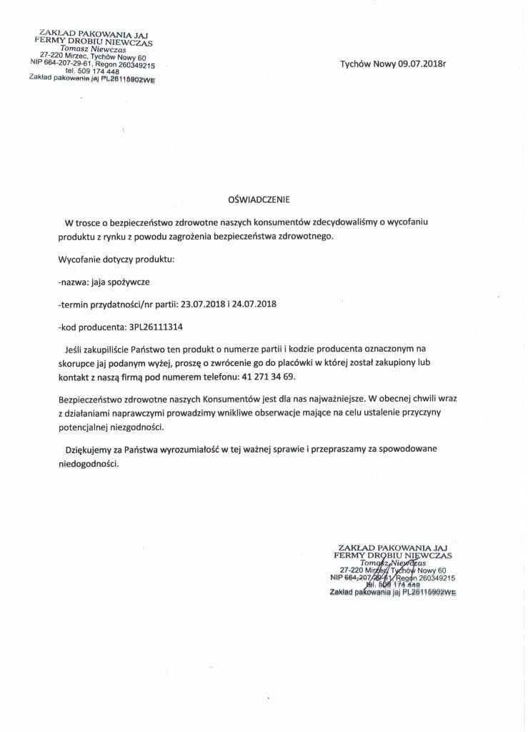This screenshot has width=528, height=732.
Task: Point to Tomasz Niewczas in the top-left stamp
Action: [x=92, y=49]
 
